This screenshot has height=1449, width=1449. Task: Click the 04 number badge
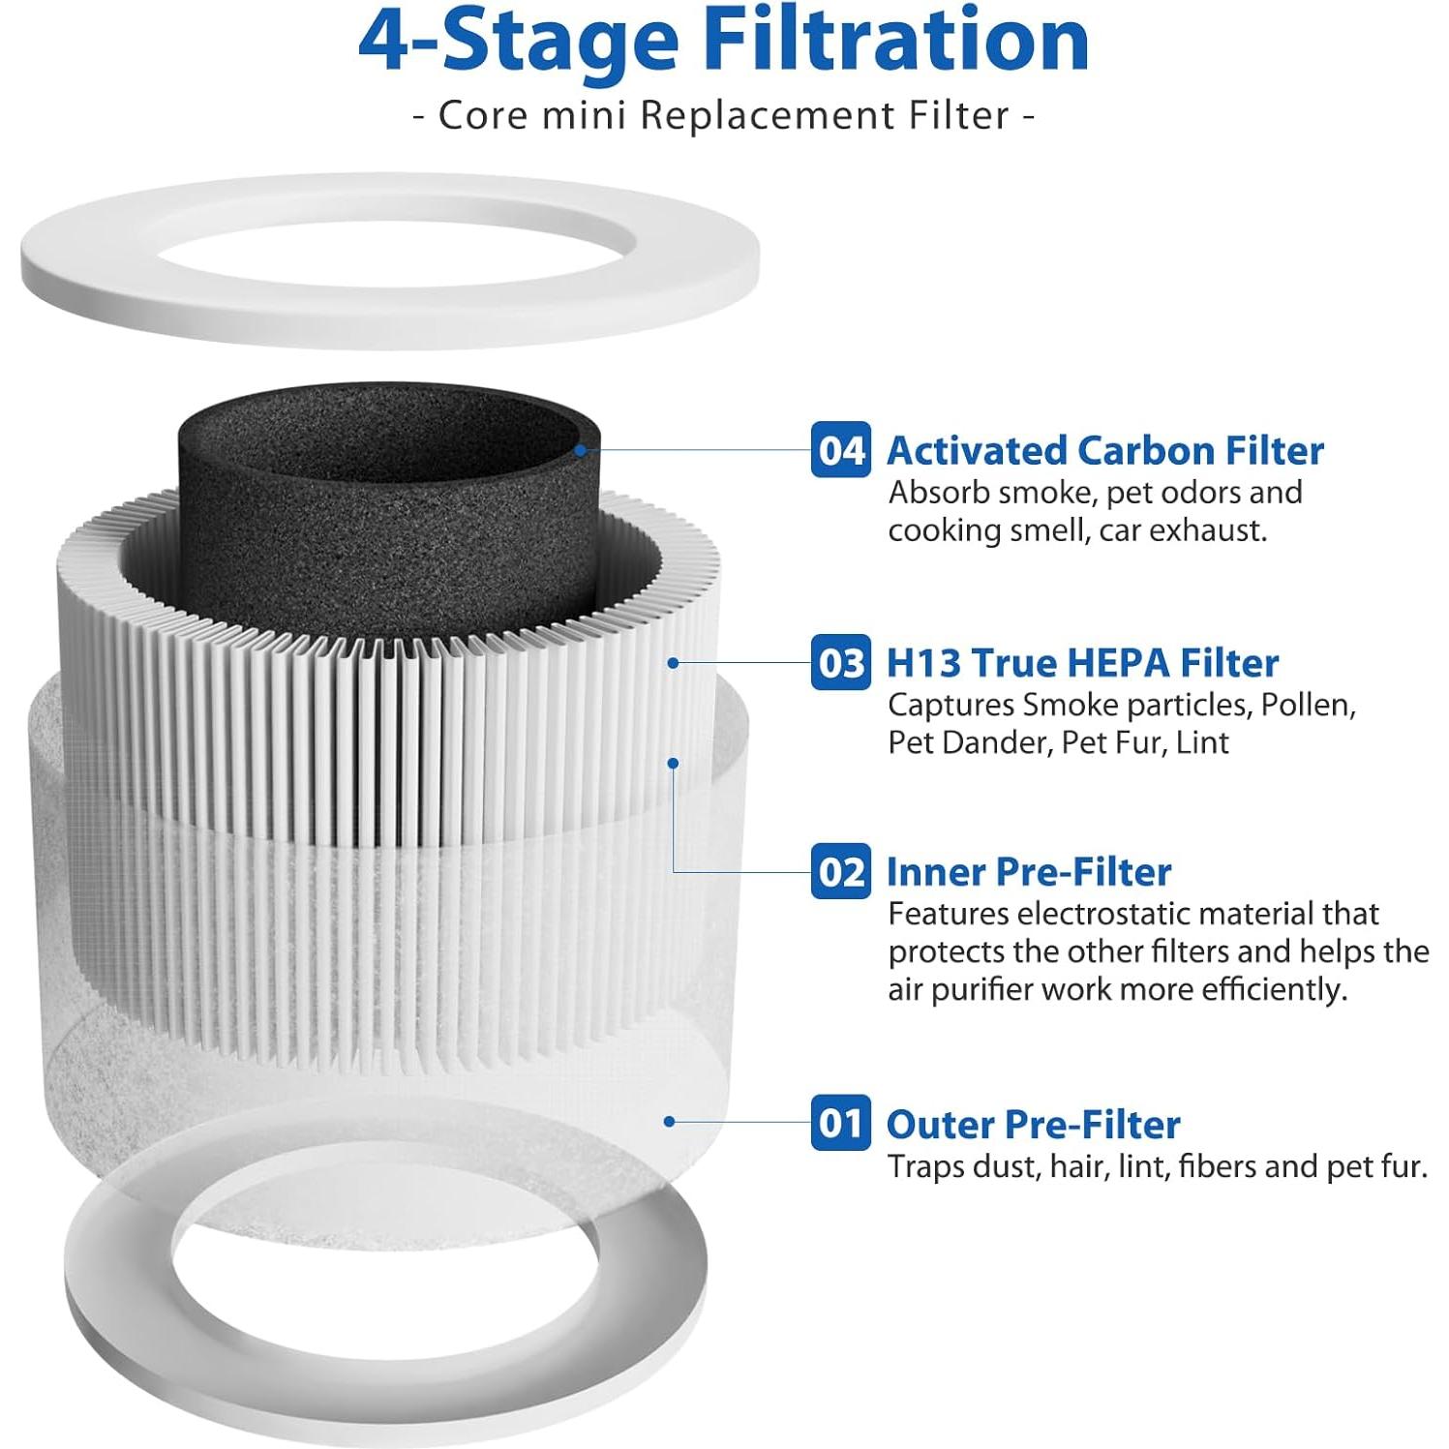(x=840, y=450)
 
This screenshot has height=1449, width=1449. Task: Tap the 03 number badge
(x=840, y=663)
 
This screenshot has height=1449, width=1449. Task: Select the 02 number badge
(x=840, y=871)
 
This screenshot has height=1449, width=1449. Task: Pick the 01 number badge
(x=840, y=1123)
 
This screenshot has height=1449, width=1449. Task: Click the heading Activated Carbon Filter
(x=1104, y=451)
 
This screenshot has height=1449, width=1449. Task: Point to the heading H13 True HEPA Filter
(x=1082, y=663)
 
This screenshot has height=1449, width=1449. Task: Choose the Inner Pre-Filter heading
(x=1029, y=871)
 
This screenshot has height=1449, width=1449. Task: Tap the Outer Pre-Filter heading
(x=1033, y=1124)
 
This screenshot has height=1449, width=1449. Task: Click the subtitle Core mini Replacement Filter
(x=724, y=115)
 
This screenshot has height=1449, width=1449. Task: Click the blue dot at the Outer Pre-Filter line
(x=669, y=1122)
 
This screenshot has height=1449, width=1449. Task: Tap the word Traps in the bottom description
(x=926, y=1166)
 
